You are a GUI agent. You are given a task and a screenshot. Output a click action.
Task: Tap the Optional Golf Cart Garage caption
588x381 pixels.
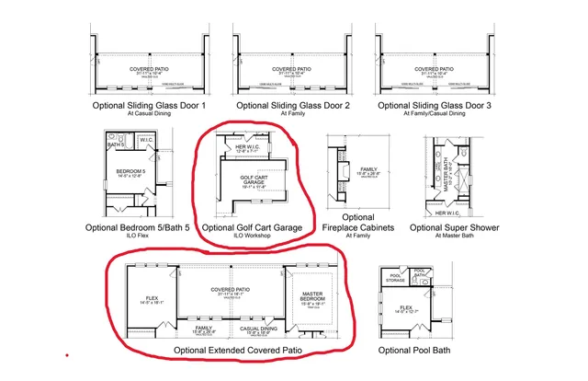coord(251,227)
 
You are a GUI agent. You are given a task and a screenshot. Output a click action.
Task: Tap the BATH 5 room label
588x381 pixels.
coord(115,145)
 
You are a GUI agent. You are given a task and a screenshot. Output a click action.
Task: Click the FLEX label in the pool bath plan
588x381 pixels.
coord(405,310)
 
